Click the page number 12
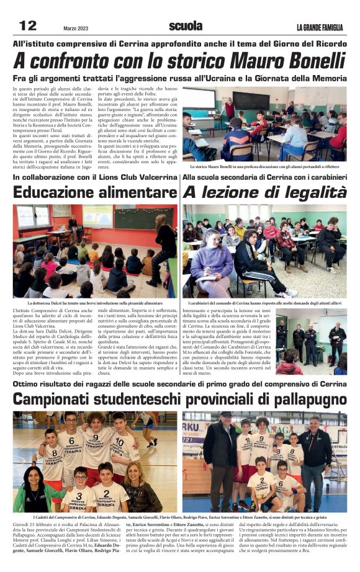coord(28,26)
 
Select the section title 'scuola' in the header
coord(185,26)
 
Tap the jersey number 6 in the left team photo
coord(73,441)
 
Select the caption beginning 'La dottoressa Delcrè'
coord(94,303)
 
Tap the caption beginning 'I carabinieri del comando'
coord(264,303)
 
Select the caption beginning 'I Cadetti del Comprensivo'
coord(180,516)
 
